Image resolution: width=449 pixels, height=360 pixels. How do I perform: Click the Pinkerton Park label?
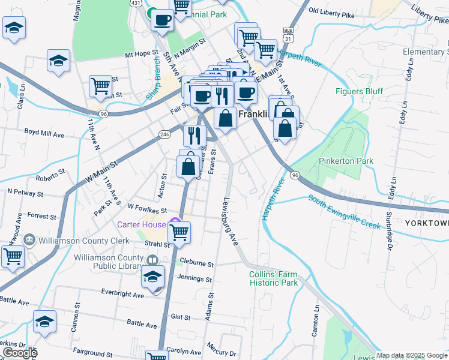pyautogui.click(x=346, y=161)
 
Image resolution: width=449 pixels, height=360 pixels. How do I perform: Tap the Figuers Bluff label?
pyautogui.click(x=359, y=92)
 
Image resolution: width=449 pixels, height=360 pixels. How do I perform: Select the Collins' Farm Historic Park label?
pyautogui.click(x=274, y=278)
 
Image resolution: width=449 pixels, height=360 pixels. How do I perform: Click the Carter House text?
pyautogui.click(x=142, y=224)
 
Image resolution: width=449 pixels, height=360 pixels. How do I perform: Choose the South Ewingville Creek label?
pyautogui.click(x=345, y=211)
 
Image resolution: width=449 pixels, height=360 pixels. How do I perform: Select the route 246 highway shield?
pyautogui.click(x=164, y=133)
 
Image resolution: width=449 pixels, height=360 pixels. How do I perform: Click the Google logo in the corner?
pyautogui.click(x=19, y=353)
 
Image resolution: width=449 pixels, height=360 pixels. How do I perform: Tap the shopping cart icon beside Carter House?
pyautogui.click(x=179, y=231)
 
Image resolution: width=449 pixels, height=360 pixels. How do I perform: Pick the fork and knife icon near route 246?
pyautogui.click(x=194, y=135)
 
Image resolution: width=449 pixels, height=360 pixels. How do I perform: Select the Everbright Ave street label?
pyautogui.click(x=122, y=295)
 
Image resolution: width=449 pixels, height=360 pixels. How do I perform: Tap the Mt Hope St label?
pyautogui.click(x=141, y=54)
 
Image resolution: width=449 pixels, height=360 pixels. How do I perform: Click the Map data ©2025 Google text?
pyautogui.click(x=412, y=355)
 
